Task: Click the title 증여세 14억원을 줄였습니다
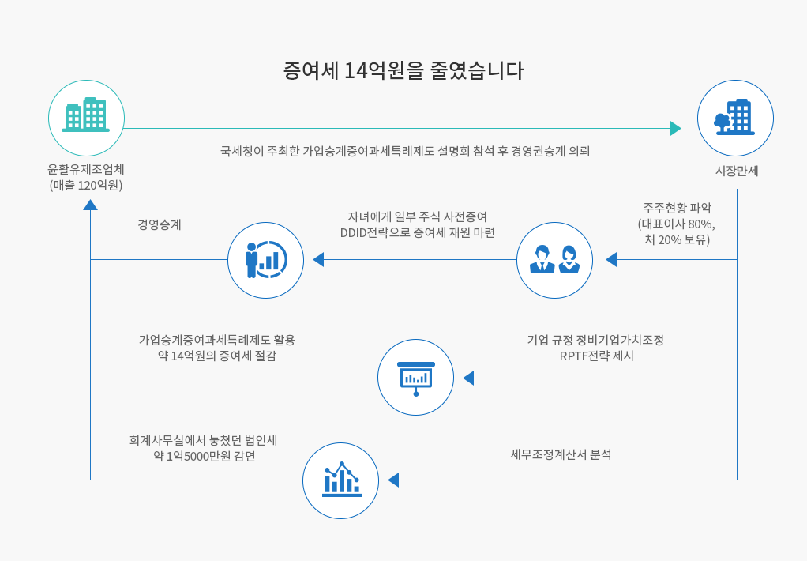tap(403, 70)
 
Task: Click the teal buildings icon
tap(86, 115)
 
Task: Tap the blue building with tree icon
tap(734, 117)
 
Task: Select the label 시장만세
tap(737, 171)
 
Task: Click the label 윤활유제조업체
tap(86, 169)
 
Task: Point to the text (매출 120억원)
tap(86, 186)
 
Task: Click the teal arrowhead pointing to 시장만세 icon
tap(676, 128)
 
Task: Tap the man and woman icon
tap(554, 259)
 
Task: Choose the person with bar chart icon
tap(266, 260)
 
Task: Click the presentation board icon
tap(416, 378)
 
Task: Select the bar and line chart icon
tap(341, 479)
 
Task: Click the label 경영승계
tap(160, 224)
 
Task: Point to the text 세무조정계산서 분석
tap(561, 454)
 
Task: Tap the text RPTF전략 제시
tap(596, 356)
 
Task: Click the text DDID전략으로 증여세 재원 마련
tap(418, 233)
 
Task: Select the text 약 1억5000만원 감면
tap(205, 457)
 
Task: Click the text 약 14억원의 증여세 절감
tap(216, 356)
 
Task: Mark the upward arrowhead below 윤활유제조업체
tap(91, 205)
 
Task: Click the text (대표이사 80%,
tap(676, 224)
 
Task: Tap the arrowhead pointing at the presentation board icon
tap(468, 378)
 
